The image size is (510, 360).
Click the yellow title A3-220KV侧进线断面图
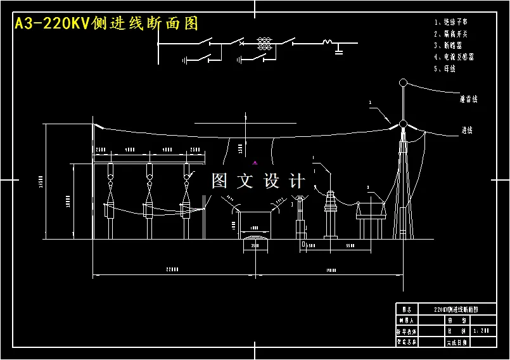[106, 23]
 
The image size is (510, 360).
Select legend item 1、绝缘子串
[452, 22]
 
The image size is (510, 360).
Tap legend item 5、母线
[445, 68]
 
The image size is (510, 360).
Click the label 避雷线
[469, 100]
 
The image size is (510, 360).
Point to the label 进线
[468, 130]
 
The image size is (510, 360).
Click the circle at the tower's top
[402, 82]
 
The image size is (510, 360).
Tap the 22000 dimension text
[172, 269]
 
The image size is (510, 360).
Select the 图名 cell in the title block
[406, 310]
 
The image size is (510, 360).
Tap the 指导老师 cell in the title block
[406, 331]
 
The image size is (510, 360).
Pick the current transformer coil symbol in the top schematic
[264, 43]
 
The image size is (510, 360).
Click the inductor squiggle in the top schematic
[328, 42]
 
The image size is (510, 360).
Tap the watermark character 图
[219, 181]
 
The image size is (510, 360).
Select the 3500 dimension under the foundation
[255, 245]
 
